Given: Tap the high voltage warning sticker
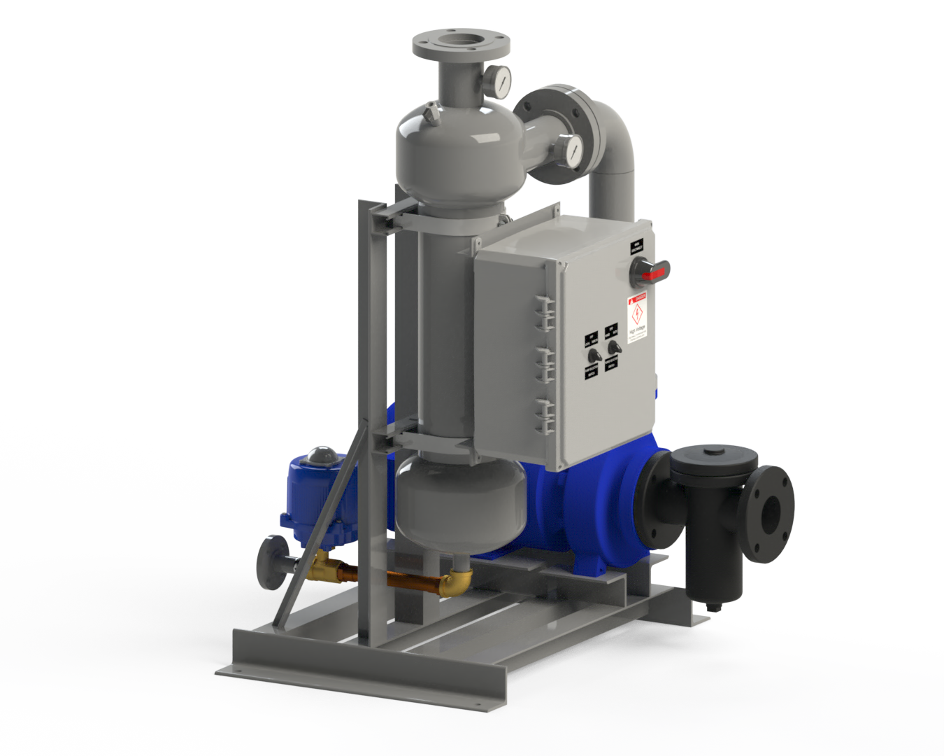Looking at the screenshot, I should pyautogui.click(x=636, y=318).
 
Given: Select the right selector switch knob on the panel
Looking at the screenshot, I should pyautogui.click(x=614, y=347).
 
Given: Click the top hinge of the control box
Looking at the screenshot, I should pyautogui.click(x=545, y=312).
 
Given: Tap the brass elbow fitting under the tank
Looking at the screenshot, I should pyautogui.click(x=455, y=580).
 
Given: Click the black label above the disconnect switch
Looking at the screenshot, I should pyautogui.click(x=637, y=246).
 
